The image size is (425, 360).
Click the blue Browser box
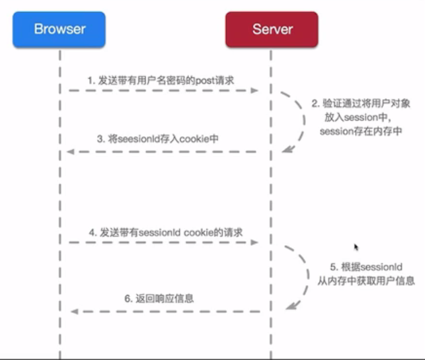pyautogui.click(x=59, y=30)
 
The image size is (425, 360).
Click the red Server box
pyautogui.click(x=272, y=30)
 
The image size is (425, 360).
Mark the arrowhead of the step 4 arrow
pyautogui.click(x=254, y=243)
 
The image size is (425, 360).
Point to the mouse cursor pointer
pyautogui.click(x=356, y=248)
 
